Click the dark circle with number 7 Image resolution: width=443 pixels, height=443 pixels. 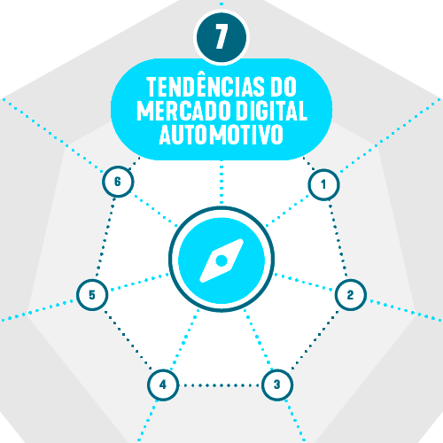221,37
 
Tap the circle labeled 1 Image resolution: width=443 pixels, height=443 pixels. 323,184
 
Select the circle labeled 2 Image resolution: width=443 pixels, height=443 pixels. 351,295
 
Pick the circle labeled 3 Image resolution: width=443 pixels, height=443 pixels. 277,385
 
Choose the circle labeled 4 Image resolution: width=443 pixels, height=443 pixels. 163,385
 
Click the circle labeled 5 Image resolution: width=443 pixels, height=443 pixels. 92,295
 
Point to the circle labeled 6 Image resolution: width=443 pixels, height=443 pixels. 118,182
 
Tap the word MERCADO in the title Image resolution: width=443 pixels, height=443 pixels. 183,111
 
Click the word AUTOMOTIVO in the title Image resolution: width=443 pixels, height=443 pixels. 221,135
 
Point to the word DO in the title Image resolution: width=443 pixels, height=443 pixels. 284,87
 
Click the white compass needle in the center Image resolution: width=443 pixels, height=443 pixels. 221,260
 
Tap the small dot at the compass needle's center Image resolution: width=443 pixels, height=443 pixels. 221,260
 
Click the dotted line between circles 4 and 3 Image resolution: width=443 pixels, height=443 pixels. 221,385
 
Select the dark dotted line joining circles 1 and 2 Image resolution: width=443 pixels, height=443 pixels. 338,239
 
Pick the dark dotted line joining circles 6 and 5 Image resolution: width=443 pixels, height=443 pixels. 105,237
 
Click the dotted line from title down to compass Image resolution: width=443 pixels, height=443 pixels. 221,184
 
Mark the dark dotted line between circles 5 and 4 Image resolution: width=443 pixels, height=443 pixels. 128,339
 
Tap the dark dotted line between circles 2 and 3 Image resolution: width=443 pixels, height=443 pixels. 315,339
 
